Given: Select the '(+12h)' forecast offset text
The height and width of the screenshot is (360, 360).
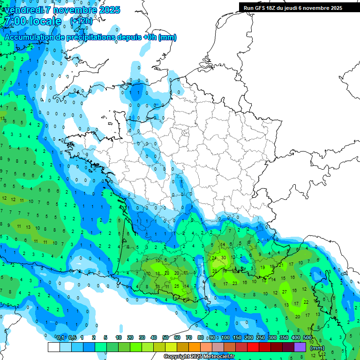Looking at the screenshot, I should pyautogui.click(x=81, y=21).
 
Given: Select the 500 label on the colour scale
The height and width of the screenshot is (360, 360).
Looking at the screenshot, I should pyautogui.click(x=307, y=337).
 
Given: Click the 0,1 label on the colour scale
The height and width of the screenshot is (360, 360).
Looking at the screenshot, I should pyautogui.click(x=60, y=337).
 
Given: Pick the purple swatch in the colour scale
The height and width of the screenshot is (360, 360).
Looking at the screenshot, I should pyautogui.click(x=300, y=347).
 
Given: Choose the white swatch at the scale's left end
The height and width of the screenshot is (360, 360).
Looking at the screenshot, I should pyautogui.click(x=54, y=347).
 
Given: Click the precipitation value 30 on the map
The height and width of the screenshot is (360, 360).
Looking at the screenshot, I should pyautogui.click(x=224, y=257).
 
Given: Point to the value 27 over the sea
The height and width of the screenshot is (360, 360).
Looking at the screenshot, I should pyautogui.click(x=285, y=292).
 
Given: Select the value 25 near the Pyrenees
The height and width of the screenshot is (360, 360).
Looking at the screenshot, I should pyautogui.click(x=177, y=286).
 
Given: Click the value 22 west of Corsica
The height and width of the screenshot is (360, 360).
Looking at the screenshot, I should pyautogui.click(x=306, y=302).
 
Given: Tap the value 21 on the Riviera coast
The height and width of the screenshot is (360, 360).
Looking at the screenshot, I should pyautogui.click(x=281, y=265).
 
